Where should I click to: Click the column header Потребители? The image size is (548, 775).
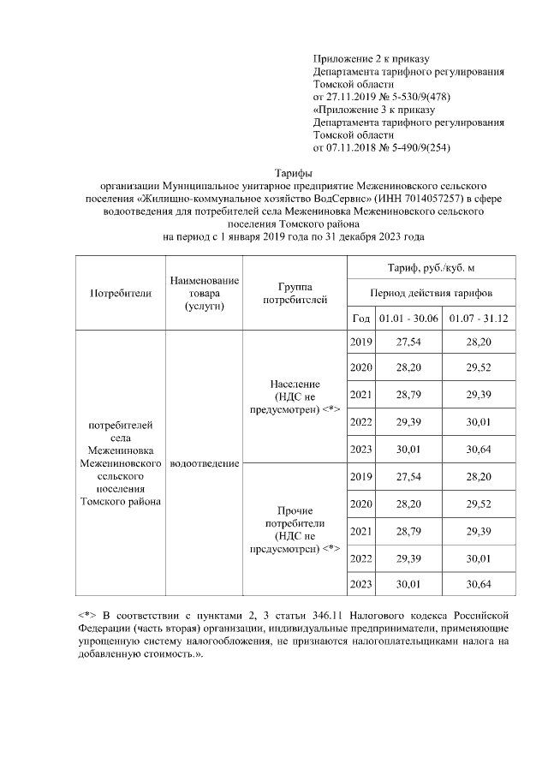[x=121, y=292]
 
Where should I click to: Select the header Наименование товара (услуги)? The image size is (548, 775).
[x=205, y=292]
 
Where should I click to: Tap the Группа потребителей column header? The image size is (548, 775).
[x=295, y=292]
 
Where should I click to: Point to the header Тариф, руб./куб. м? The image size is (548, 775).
[x=432, y=267]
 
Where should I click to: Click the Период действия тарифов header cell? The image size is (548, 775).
[x=432, y=292]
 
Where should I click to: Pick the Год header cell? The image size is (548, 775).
[x=360, y=318]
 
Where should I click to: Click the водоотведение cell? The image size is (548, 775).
[x=205, y=463]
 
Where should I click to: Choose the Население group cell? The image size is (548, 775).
[x=295, y=396]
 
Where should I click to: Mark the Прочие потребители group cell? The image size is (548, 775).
[x=295, y=528]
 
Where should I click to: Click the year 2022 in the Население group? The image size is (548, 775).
[x=360, y=423]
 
